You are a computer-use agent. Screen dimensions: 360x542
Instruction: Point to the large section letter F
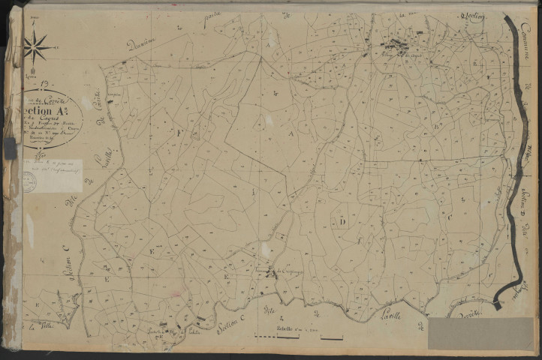coord(179,130)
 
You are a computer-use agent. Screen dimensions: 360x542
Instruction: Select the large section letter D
coord(342,221)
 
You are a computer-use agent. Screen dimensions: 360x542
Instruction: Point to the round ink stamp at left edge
coord(29,181)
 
